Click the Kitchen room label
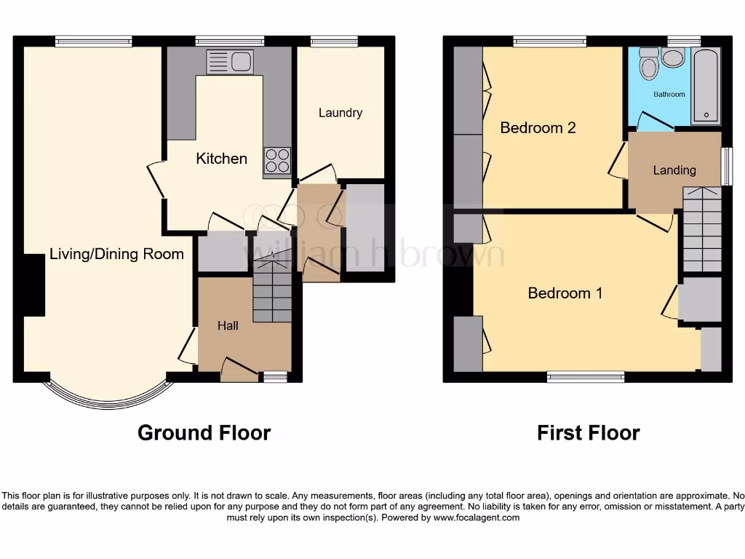[221, 159]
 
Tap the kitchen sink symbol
[229, 62]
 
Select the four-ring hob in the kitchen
[276, 161]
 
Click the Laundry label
[340, 113]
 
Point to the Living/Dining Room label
[116, 254]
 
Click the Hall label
[228, 325]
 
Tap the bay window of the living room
[109, 393]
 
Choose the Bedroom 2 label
[538, 128]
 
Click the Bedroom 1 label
[565, 293]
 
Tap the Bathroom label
[669, 95]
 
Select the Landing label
[674, 170]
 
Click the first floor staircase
[702, 229]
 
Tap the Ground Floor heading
[204, 433]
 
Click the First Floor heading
[588, 433]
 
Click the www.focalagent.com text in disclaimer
[477, 518]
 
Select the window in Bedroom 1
[586, 376]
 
